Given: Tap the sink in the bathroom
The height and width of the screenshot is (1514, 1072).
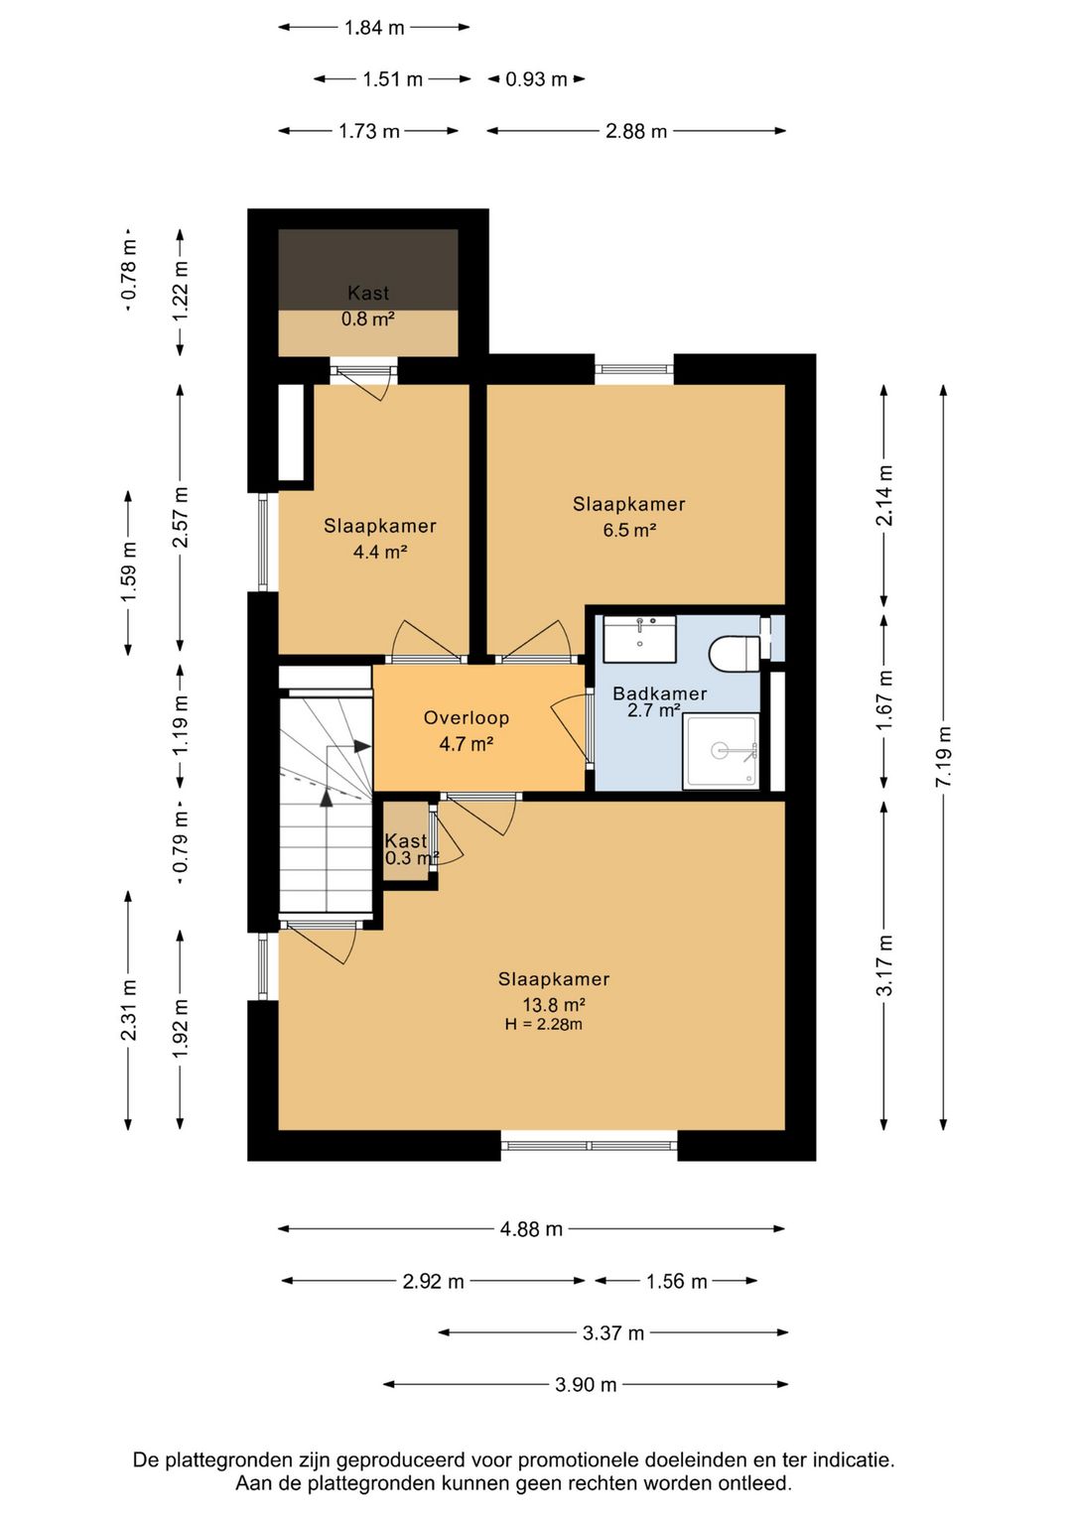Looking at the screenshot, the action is point(639,638).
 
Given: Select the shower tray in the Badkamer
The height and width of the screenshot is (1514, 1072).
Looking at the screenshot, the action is point(721,752).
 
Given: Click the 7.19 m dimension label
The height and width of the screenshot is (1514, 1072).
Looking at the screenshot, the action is point(943,756).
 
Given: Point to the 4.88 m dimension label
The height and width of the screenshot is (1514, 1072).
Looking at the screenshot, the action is point(531,1228).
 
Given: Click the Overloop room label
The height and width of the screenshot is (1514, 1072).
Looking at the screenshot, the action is point(466,717).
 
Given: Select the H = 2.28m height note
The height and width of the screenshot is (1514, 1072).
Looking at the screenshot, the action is point(543,1023).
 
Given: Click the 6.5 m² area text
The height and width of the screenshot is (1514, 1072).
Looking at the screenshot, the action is point(629,529).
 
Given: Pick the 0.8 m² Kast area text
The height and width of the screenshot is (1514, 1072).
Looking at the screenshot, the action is point(367,318).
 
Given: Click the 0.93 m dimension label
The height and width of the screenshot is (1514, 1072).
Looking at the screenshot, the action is point(536,79).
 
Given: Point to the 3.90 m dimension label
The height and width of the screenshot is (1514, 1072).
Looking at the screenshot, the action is point(586,1384).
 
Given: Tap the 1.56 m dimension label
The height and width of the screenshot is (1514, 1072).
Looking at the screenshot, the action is point(676,1281).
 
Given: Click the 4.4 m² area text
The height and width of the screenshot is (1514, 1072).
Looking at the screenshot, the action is point(379,552).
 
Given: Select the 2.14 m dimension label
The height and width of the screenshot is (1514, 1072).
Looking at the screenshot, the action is point(884,495).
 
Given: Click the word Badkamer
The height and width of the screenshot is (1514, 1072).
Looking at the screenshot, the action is point(659,693).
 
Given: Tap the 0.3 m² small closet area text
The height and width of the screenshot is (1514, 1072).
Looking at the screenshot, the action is point(412,858).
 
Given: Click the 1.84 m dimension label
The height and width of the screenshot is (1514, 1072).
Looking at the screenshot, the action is point(374,28).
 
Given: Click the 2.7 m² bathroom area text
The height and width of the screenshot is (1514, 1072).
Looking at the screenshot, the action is point(653,709).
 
